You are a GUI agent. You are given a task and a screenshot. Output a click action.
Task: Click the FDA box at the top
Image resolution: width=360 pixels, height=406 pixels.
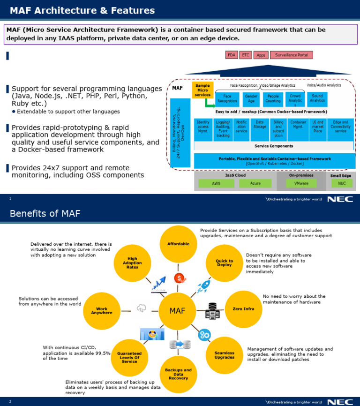tap(232, 55)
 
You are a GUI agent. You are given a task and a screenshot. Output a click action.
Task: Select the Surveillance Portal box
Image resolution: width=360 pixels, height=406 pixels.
tap(291, 55)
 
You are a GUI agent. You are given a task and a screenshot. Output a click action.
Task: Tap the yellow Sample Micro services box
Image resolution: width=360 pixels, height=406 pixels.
tap(202, 90)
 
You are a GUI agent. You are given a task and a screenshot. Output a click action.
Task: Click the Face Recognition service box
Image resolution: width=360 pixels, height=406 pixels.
tap(227, 98)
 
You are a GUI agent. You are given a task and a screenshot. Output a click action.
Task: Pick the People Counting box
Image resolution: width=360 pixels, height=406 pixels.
tap(272, 98)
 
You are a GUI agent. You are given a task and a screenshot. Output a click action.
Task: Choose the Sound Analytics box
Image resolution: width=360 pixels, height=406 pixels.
tap(317, 98)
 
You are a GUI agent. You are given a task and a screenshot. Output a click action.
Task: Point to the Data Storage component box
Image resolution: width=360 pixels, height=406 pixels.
tap(260, 129)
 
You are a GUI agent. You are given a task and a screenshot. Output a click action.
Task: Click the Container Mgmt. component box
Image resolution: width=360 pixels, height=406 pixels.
tap(298, 129)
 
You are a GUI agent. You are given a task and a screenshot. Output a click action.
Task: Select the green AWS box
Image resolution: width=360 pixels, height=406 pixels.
tap(216, 183)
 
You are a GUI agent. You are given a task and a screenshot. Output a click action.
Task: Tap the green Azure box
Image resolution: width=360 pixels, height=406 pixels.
tap(255, 183)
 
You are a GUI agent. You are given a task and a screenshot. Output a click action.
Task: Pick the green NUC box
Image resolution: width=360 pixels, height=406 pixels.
tap(342, 183)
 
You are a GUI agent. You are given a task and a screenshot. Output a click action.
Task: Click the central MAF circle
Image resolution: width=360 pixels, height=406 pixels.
tap(178, 311)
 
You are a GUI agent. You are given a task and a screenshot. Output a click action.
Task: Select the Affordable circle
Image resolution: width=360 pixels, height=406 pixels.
tap(178, 244)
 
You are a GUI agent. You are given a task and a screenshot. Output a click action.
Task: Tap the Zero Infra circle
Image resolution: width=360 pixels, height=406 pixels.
tap(243, 309)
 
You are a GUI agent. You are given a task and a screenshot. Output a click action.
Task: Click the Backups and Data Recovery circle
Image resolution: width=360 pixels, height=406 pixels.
tap(178, 374)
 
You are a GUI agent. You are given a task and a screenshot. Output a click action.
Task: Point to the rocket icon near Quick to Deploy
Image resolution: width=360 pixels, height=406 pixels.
tap(203, 285)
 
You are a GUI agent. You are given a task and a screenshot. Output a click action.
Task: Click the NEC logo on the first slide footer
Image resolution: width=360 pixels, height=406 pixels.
tap(337, 199)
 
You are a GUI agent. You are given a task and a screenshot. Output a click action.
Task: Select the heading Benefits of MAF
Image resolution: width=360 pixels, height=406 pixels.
tap(45, 214)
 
